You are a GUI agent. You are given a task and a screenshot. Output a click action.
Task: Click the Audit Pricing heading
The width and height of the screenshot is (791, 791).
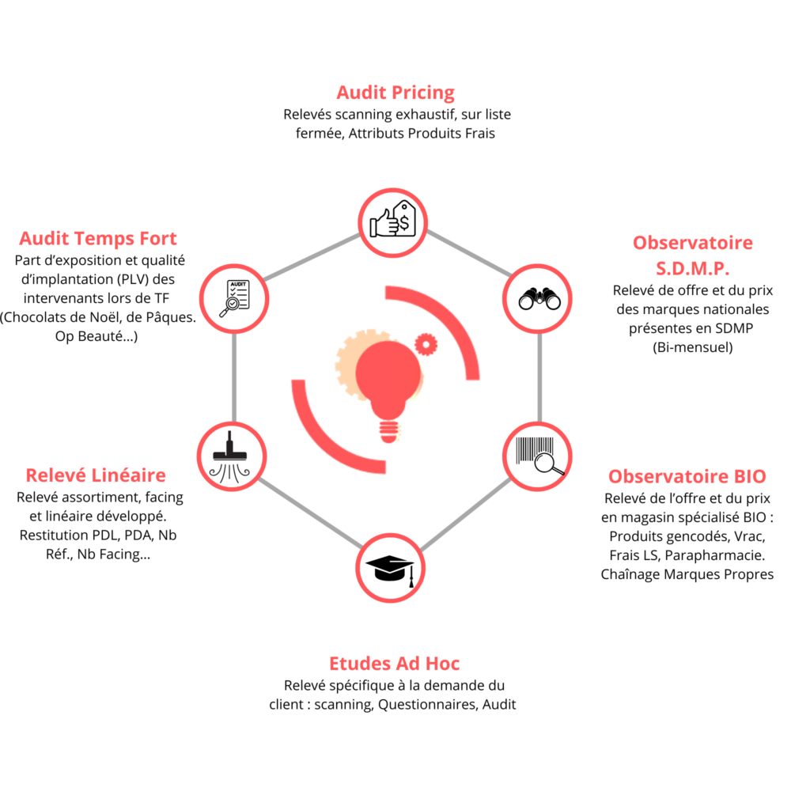(x=395, y=93)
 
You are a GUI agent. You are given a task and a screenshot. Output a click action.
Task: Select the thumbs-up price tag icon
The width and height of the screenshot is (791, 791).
(x=394, y=222)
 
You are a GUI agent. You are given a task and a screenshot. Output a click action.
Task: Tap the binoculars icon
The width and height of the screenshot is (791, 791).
(x=539, y=298)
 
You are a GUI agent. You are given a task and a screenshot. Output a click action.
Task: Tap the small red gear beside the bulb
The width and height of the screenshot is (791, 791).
(x=426, y=343)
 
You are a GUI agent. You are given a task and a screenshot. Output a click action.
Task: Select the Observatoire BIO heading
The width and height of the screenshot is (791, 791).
(x=687, y=476)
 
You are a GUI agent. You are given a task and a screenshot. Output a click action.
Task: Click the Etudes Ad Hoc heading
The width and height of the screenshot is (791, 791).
(x=395, y=663)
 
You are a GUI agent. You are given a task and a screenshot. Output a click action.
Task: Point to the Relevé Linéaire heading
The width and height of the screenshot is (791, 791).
(x=96, y=475)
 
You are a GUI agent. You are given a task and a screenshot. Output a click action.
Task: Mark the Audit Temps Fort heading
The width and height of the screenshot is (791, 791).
(x=98, y=238)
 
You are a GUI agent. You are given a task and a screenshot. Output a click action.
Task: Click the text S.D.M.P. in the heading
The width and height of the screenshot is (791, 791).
(x=693, y=267)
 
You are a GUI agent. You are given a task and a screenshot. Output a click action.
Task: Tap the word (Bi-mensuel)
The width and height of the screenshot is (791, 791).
(x=693, y=347)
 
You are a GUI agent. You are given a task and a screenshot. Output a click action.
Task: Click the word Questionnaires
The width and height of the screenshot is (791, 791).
(x=427, y=704)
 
